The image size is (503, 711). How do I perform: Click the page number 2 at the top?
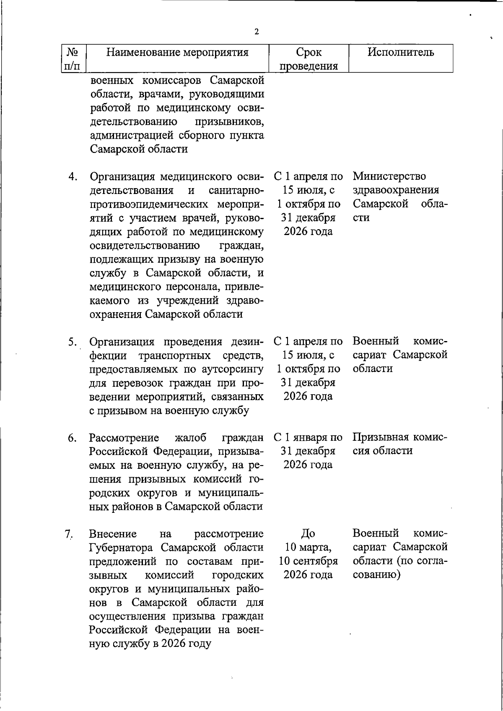point(256,32)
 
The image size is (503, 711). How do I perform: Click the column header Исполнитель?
point(401,52)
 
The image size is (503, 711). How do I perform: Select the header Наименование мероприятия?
point(177,52)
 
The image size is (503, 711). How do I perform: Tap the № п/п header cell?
point(73,59)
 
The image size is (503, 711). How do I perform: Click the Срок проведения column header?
point(309,59)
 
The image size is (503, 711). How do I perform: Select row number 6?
point(72,438)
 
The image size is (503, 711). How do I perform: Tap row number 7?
point(69,534)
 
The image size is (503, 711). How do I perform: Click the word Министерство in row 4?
point(389,176)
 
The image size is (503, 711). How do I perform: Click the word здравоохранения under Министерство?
point(396,190)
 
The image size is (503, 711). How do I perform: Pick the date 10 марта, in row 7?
point(308,547)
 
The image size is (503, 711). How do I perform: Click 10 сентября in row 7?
point(308,561)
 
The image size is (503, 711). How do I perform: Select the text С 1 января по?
point(308,438)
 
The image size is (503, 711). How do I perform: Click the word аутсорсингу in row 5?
point(233,369)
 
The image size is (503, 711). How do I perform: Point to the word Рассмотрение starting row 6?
point(124,438)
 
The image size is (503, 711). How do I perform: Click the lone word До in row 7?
point(308,534)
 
